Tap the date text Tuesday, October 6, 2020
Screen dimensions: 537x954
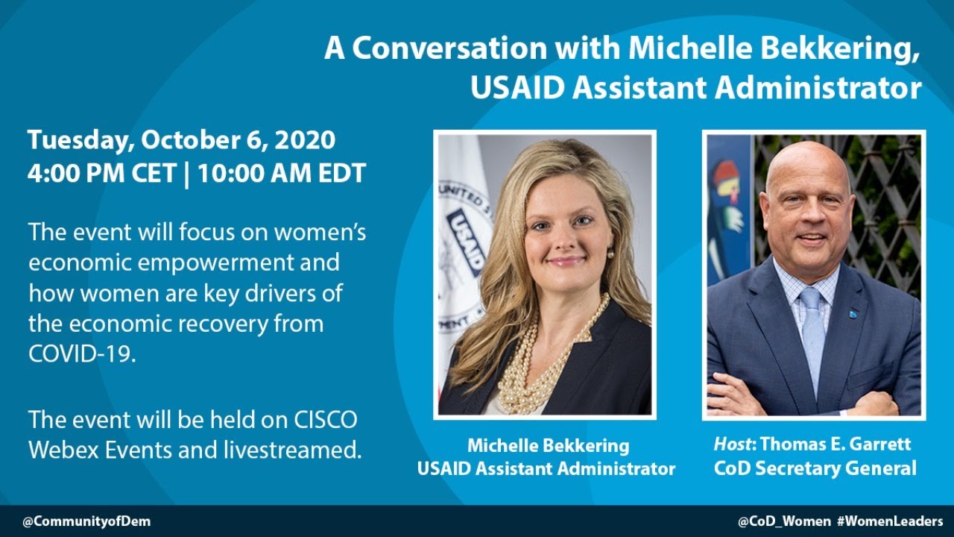[x=181, y=139]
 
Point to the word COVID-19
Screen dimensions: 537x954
[x=82, y=354]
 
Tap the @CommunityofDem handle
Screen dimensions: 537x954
[x=86, y=521]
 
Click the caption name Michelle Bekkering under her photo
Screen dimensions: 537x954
[x=548, y=446]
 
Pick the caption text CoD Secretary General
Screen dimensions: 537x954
[x=815, y=468]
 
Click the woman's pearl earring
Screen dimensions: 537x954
[x=610, y=253]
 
